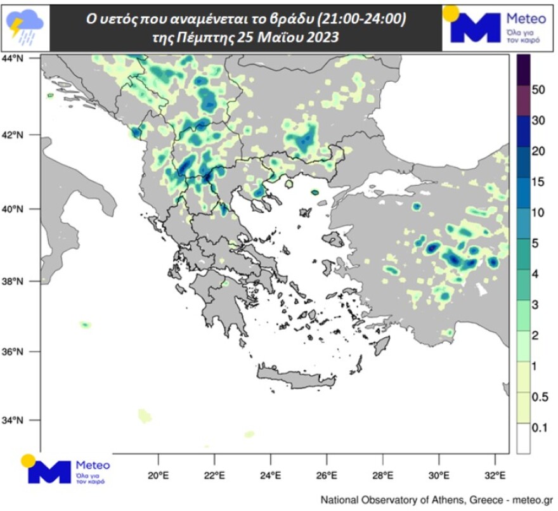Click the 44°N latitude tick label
click(x=14, y=58)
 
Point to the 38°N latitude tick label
click(x=14, y=281)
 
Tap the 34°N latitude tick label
click(x=14, y=420)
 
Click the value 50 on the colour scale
click(x=539, y=90)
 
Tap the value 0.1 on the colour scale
click(x=539, y=428)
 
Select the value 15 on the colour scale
click(x=539, y=182)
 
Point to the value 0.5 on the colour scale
click(x=539, y=397)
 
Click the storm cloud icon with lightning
click(x=25, y=27)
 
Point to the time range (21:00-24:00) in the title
click(x=351, y=21)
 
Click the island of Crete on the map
click(x=295, y=381)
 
